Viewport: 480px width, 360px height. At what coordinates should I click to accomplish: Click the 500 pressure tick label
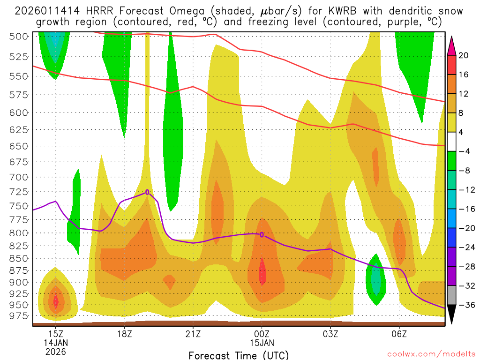tap(19, 36)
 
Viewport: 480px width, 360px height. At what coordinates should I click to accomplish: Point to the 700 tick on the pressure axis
tap(19, 177)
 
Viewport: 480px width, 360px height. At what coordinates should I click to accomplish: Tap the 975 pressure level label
tap(19, 316)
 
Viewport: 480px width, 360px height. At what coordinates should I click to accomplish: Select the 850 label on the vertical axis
tap(19, 258)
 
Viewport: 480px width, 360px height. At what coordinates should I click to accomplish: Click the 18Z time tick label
tap(124, 334)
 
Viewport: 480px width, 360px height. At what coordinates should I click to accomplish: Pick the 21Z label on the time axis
tap(193, 334)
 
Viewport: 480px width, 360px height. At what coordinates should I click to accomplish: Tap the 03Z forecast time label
tap(330, 334)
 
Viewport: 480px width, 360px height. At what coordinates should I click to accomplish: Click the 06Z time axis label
tap(399, 334)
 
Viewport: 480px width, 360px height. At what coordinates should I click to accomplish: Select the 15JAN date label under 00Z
tap(262, 343)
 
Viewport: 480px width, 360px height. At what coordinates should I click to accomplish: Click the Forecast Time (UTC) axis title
tap(239, 355)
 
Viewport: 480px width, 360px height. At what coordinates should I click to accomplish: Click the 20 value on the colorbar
tap(464, 55)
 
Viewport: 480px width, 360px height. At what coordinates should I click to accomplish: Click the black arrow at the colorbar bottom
tap(452, 314)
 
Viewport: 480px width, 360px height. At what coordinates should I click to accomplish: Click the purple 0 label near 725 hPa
tap(147, 192)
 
